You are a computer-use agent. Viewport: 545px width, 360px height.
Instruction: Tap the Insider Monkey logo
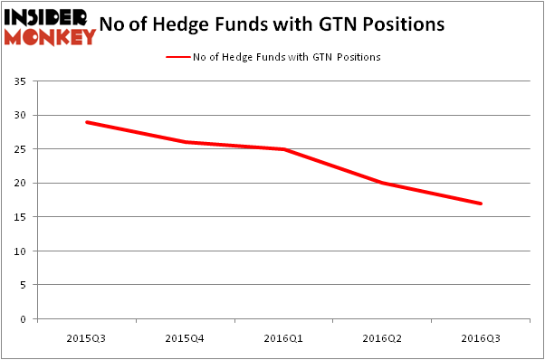[x=49, y=26]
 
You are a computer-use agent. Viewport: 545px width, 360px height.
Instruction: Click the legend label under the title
[x=286, y=57]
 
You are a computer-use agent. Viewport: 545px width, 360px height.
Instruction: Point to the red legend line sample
[x=177, y=57]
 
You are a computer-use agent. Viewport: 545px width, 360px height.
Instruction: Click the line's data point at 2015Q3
[x=87, y=122]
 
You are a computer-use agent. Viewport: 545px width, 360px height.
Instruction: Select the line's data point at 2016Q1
[x=284, y=149]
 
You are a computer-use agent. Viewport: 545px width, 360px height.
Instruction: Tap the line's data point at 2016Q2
[x=383, y=183]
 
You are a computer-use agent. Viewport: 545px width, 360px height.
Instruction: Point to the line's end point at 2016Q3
[x=481, y=204]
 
